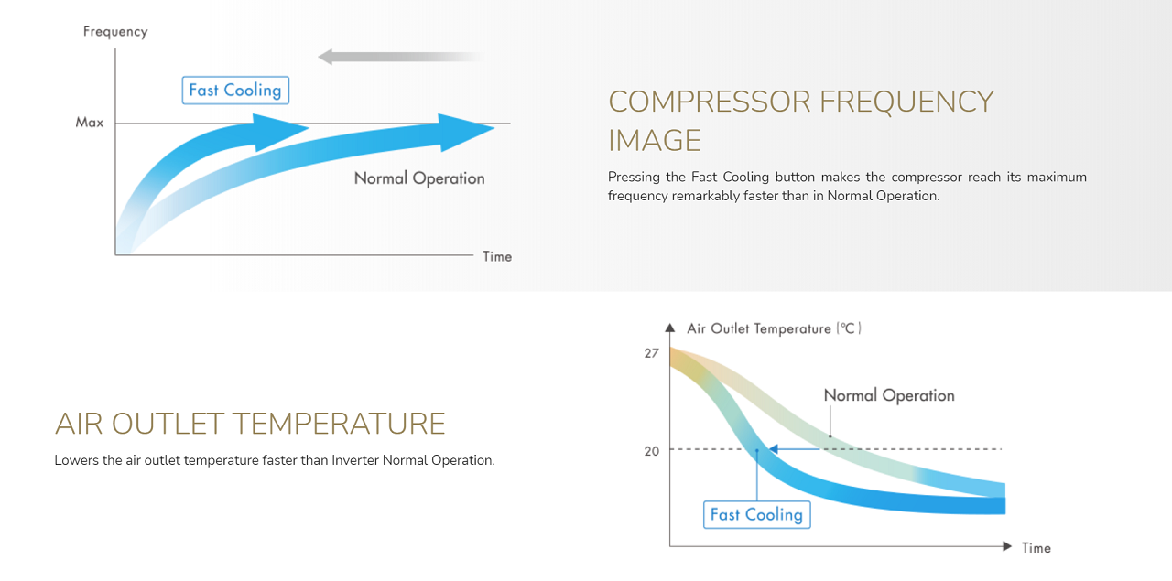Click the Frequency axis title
[x=115, y=32]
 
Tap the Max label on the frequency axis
[x=90, y=123]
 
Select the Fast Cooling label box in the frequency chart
[x=235, y=90]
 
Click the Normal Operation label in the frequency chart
[x=419, y=178]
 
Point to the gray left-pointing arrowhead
[x=325, y=57]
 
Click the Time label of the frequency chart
[x=497, y=257]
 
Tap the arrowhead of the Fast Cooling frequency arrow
[x=281, y=133]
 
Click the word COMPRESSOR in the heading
[x=710, y=102]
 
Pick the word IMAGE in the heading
[x=654, y=141]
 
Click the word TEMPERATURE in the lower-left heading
[x=339, y=424]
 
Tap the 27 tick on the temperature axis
[x=651, y=353]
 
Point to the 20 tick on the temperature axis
[x=651, y=451]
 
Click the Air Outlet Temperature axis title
[x=774, y=329]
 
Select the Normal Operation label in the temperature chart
[x=889, y=396]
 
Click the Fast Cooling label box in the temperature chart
[x=756, y=514]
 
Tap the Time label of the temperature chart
[x=1036, y=548]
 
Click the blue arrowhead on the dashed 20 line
[x=774, y=448]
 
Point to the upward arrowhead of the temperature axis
[x=669, y=328]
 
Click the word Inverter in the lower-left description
[x=355, y=460]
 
